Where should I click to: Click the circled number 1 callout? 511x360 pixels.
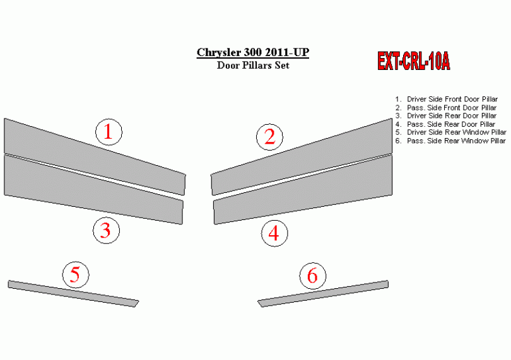pyautogui.click(x=109, y=132)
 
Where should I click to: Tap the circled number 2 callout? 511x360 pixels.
pyautogui.click(x=269, y=137)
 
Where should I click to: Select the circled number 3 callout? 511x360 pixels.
pyautogui.click(x=106, y=230)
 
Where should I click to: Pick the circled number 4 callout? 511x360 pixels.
pyautogui.click(x=274, y=233)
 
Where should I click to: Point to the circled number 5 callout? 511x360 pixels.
pyautogui.click(x=76, y=275)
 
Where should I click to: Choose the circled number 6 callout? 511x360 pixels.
pyautogui.click(x=313, y=276)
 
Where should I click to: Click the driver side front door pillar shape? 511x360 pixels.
pyautogui.click(x=95, y=156)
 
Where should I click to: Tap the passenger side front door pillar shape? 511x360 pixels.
pyautogui.click(x=302, y=157)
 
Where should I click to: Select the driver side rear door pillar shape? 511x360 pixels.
pyautogui.click(x=93, y=190)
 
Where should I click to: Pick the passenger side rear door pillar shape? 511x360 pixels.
pyautogui.click(x=303, y=190)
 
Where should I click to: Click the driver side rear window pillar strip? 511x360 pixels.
pyautogui.click(x=73, y=294)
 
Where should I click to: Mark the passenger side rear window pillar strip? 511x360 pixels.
pyautogui.click(x=323, y=294)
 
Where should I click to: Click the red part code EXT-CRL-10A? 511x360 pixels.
pyautogui.click(x=414, y=61)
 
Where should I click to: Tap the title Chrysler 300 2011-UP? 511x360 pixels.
pyautogui.click(x=253, y=52)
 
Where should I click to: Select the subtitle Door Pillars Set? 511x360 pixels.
pyautogui.click(x=253, y=65)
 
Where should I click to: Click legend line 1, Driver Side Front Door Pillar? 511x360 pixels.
pyautogui.click(x=447, y=99)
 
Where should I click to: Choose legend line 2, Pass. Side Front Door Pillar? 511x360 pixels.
pyautogui.click(x=446, y=108)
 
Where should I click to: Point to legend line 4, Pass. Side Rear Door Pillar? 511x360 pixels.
pyautogui.click(x=445, y=124)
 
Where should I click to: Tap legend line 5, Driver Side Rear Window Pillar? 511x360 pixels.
pyautogui.click(x=450, y=132)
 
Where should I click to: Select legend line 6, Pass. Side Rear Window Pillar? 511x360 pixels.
pyautogui.click(x=450, y=141)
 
